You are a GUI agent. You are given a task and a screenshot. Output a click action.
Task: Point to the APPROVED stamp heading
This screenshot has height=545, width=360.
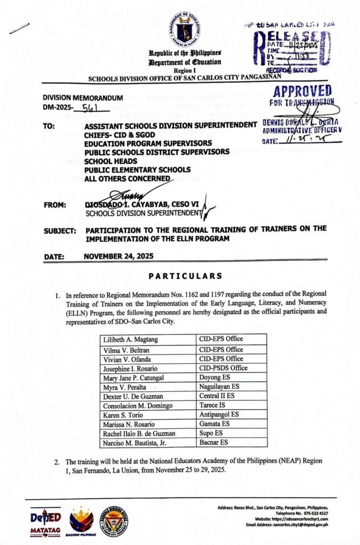click(302, 91)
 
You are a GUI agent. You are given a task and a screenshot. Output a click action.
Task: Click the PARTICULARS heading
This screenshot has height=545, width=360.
click(185, 276)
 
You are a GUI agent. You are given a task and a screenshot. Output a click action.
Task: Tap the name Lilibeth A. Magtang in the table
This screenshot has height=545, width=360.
click(128, 339)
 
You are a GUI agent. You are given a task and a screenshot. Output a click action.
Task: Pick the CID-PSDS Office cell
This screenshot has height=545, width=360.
click(223, 368)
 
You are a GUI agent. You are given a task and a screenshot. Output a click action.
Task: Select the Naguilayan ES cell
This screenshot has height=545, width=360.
click(222, 386)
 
